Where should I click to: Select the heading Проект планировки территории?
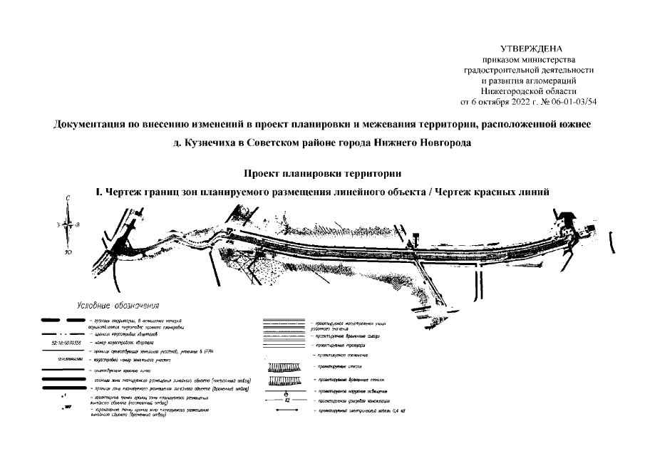tap(323, 173)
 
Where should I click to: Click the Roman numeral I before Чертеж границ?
tap(98, 192)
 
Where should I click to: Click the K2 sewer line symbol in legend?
tap(285, 403)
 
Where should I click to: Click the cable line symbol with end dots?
tap(285, 413)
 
